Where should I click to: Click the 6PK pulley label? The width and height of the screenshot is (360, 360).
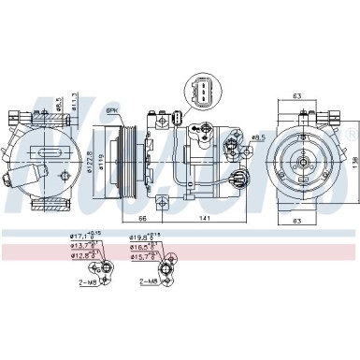click(113, 111)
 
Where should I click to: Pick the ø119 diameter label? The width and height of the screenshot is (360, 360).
click(102, 153)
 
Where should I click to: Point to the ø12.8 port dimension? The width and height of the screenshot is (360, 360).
click(85, 255)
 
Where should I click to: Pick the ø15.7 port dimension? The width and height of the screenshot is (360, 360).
click(147, 255)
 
